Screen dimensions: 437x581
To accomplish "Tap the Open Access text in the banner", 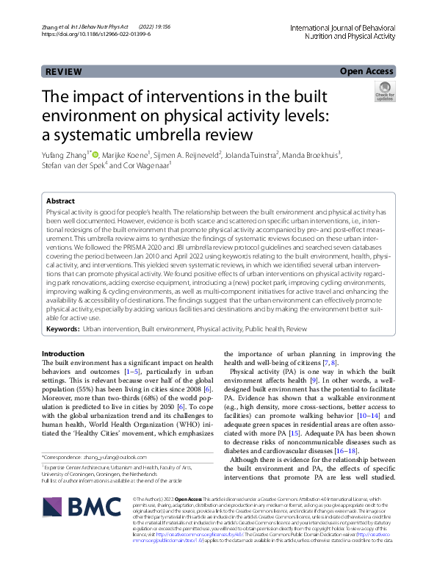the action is coord(365,71).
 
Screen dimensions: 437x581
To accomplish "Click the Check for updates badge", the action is coord(383,93).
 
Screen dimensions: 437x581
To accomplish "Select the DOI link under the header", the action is coord(97,35).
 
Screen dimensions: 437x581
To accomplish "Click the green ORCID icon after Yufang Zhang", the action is coord(95,155).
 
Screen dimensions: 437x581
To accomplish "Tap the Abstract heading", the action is coord(60,201).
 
